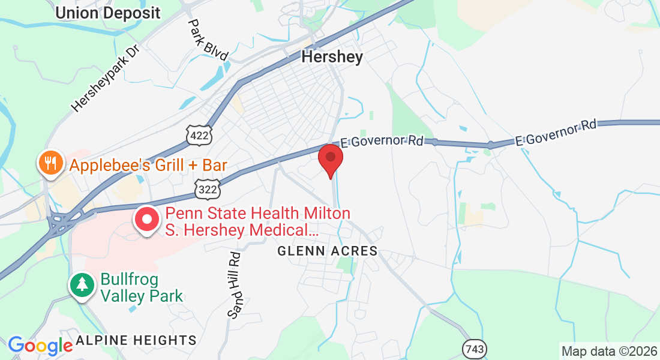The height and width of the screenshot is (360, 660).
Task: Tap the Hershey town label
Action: pos(332,57)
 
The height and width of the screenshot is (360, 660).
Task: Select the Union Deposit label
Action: pos(108,12)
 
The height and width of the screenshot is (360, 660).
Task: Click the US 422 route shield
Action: pos(199,136)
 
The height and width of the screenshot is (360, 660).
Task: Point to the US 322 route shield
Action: pos(208,189)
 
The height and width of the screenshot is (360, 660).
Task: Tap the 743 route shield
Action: pos(474,349)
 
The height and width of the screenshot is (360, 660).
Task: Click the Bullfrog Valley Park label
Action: pos(142,287)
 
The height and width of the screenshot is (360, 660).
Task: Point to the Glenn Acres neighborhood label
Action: pos(328,251)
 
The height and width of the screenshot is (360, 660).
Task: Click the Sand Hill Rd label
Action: pos(234,284)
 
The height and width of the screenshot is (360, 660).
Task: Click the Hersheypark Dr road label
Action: pos(105,79)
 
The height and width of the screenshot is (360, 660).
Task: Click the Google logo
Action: pos(40,346)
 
